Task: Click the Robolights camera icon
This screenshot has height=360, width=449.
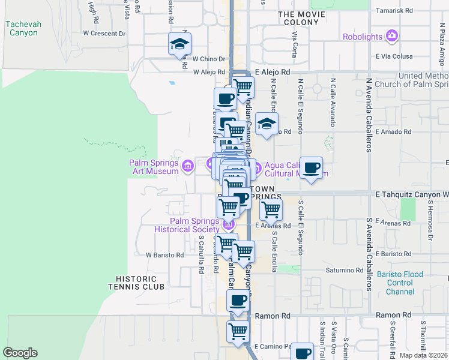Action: point(392,37)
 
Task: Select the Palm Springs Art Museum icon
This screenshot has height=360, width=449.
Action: point(187,164)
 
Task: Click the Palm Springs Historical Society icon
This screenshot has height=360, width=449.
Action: point(228,225)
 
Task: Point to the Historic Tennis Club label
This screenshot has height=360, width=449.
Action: point(140,283)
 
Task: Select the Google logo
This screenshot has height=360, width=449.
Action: point(20,353)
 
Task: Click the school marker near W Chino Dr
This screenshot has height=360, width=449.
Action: point(178,44)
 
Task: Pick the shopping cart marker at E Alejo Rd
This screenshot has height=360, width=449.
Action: point(243,87)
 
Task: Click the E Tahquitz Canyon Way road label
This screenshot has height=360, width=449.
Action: point(412,194)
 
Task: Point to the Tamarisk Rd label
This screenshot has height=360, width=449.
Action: point(394,10)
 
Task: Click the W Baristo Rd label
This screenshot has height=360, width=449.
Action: point(164,255)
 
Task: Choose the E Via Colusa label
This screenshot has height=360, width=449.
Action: point(396,56)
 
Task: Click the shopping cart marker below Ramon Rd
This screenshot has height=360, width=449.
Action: point(238,331)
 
